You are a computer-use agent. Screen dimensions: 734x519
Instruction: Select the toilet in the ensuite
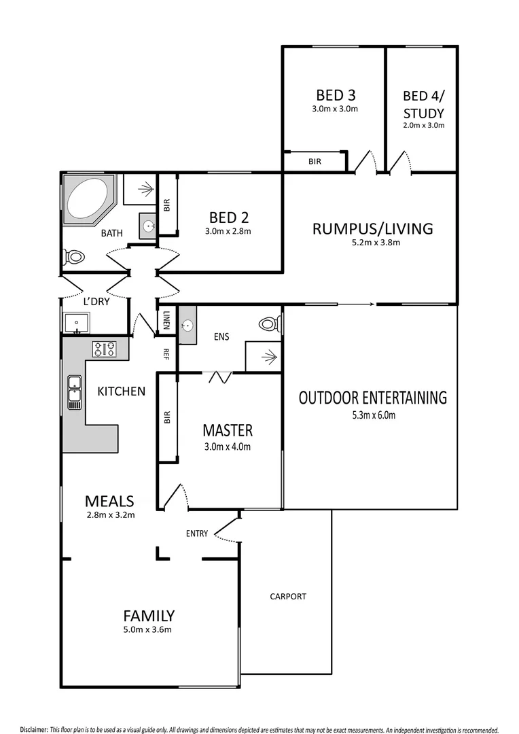point(270,324)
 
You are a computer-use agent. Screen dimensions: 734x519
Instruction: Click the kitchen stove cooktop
point(104,349)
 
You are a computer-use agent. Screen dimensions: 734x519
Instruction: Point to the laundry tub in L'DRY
point(77,324)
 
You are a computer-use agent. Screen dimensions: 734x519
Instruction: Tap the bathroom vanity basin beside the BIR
point(149,226)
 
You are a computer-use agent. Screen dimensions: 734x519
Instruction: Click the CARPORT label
point(288,597)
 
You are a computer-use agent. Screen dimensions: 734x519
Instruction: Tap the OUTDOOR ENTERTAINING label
point(373,398)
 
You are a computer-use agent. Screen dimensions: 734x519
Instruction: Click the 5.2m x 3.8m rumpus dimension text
point(372,243)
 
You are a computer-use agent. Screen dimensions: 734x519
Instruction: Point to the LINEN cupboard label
point(167,319)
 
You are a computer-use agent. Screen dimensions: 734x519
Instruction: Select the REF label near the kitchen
point(166,353)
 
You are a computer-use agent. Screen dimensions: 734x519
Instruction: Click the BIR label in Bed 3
point(315,162)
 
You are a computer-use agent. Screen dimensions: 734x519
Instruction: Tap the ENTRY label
point(197,534)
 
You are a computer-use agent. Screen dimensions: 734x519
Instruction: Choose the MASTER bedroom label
point(228,430)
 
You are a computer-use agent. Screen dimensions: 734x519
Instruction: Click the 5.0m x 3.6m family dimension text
point(148,630)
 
